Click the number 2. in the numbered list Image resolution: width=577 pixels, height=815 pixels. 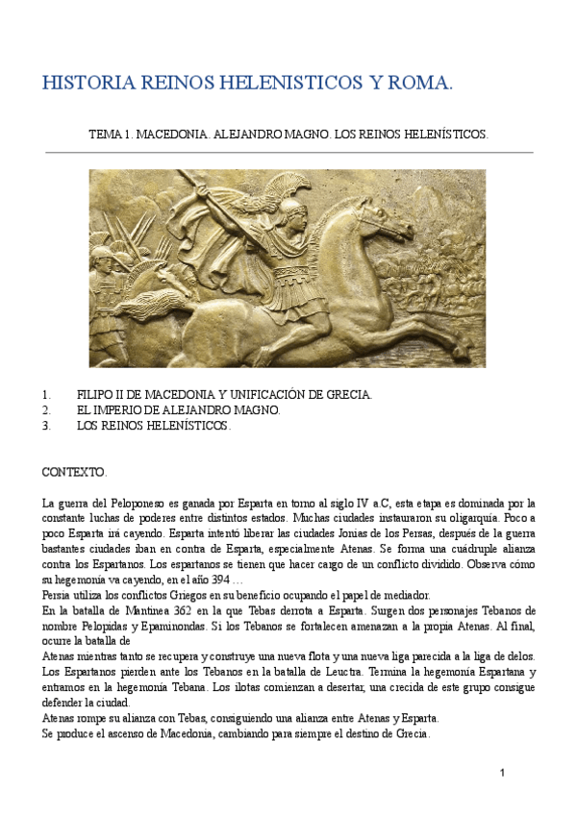46,410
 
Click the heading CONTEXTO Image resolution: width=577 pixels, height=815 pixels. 74,473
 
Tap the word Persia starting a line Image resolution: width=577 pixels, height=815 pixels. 60,595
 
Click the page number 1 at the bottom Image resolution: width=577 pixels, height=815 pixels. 502,774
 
